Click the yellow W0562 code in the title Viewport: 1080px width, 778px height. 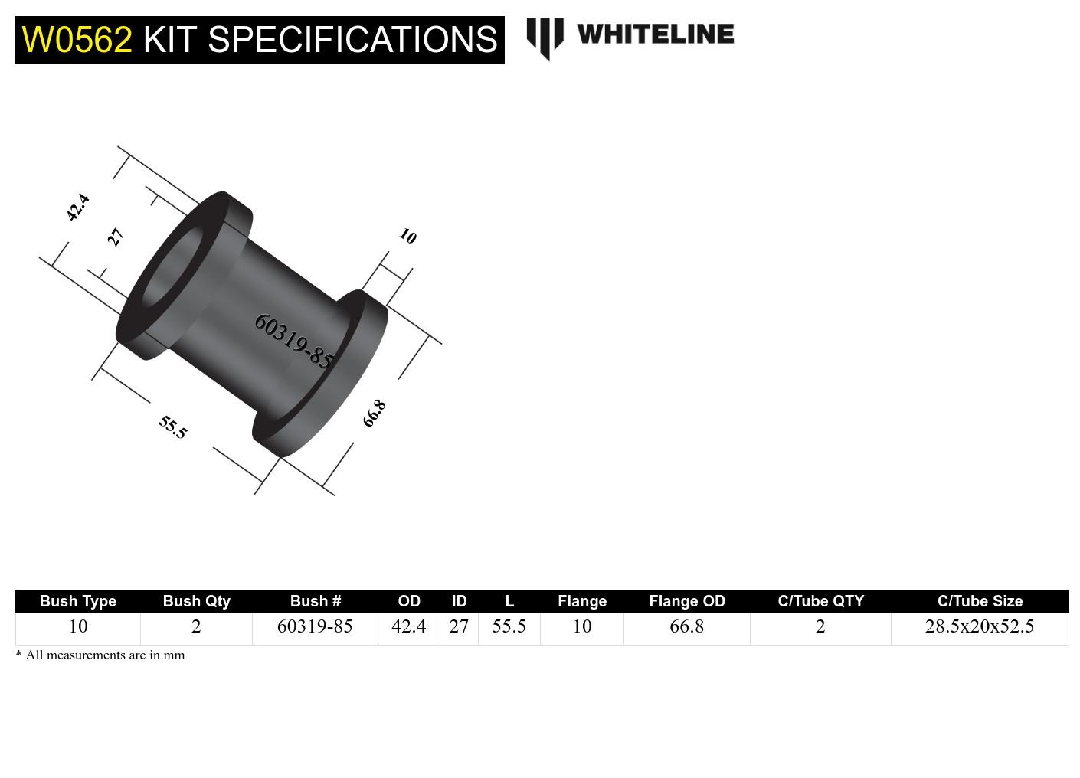[77, 40]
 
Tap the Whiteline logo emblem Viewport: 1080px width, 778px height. [545, 38]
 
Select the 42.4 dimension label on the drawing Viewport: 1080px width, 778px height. [77, 207]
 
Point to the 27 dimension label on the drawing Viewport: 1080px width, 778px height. [115, 237]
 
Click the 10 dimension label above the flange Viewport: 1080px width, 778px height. [407, 237]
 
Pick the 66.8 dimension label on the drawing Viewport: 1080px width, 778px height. [374, 414]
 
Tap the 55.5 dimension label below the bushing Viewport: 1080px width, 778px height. [173, 427]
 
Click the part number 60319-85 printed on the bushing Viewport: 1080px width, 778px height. [293, 341]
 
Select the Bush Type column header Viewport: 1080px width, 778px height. [78, 601]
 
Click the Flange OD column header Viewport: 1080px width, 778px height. [687, 601]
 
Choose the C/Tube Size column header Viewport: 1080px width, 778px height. [980, 601]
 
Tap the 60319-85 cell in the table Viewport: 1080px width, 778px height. [315, 626]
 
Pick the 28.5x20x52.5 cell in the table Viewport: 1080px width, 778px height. [980, 626]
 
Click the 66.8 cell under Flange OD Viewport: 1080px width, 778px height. [687, 626]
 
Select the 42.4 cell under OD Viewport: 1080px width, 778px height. [408, 626]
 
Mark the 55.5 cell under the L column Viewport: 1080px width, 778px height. [509, 626]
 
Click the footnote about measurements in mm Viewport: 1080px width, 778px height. [100, 655]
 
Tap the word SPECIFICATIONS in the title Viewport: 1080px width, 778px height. [352, 40]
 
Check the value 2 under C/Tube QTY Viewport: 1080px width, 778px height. [820, 626]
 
